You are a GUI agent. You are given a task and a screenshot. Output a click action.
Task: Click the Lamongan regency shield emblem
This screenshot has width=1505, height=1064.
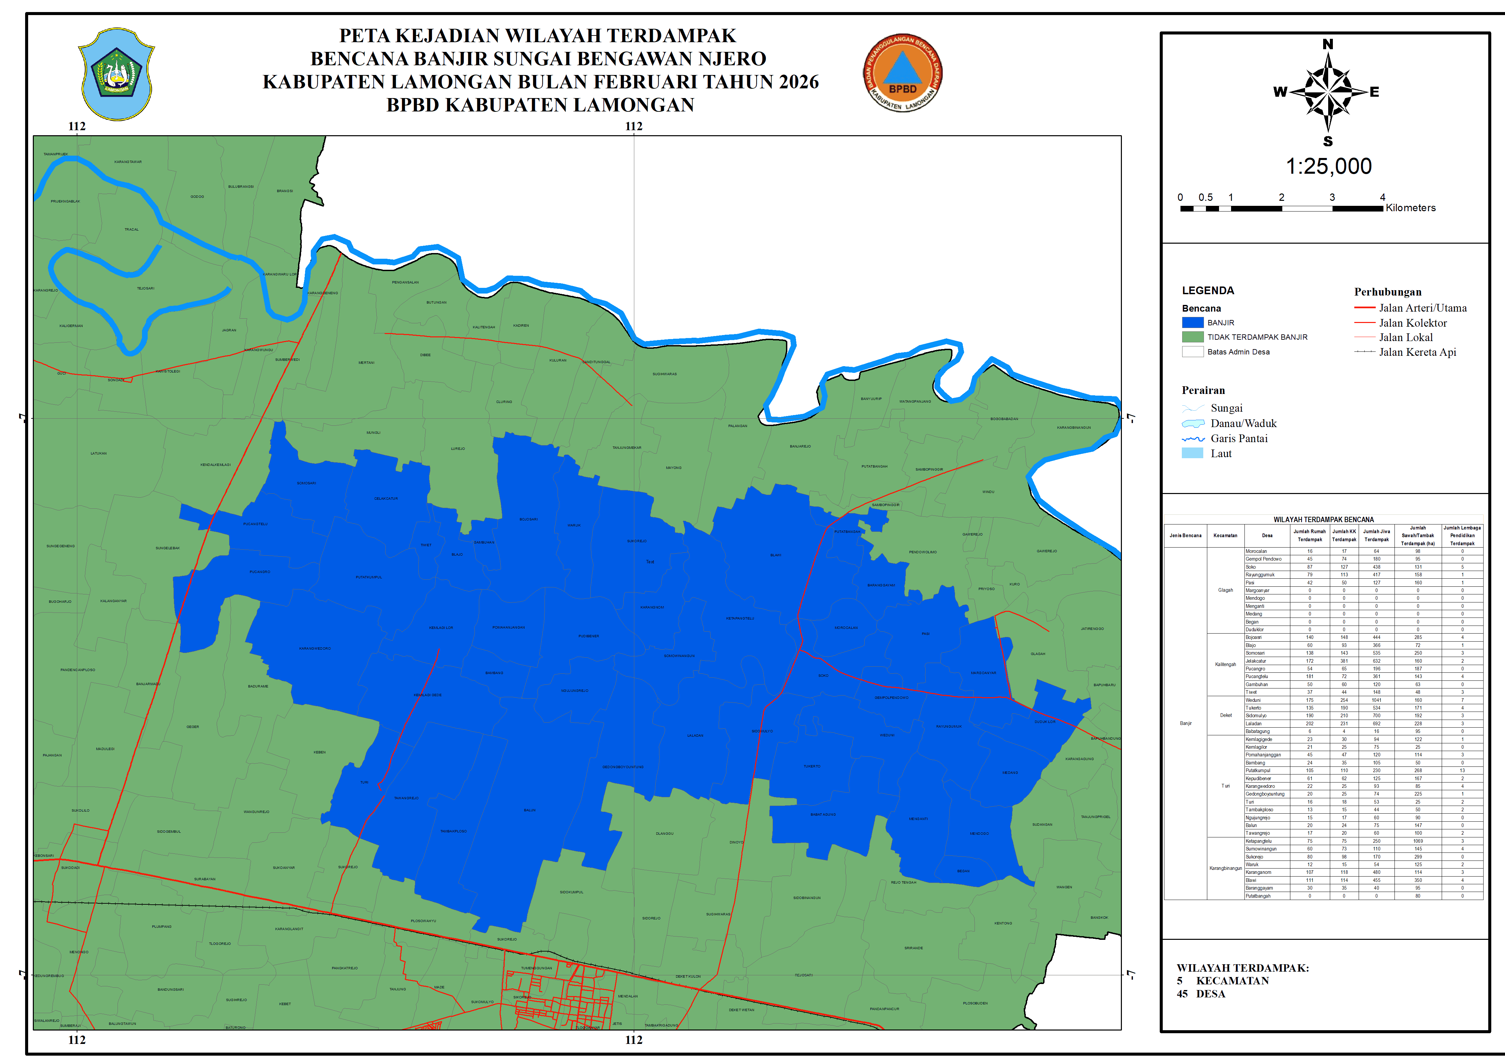(x=116, y=73)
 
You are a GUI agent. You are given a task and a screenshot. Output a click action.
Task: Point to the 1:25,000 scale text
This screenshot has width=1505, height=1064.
(x=1328, y=166)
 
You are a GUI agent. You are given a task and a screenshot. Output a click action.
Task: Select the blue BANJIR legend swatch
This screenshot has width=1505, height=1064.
(x=1192, y=322)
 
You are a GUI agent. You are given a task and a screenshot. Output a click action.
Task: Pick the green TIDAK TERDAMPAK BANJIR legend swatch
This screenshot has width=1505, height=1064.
(x=1192, y=337)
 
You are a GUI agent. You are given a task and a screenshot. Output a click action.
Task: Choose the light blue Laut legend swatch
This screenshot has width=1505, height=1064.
(x=1192, y=454)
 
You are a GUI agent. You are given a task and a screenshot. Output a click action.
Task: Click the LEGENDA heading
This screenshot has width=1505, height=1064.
(x=1207, y=290)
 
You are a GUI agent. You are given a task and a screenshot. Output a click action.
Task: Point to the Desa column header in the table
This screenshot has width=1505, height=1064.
(x=1267, y=535)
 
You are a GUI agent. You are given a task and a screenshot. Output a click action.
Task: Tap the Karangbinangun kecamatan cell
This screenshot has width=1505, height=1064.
(x=1225, y=868)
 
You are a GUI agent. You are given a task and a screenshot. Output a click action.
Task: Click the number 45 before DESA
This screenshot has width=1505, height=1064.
(x=1182, y=994)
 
